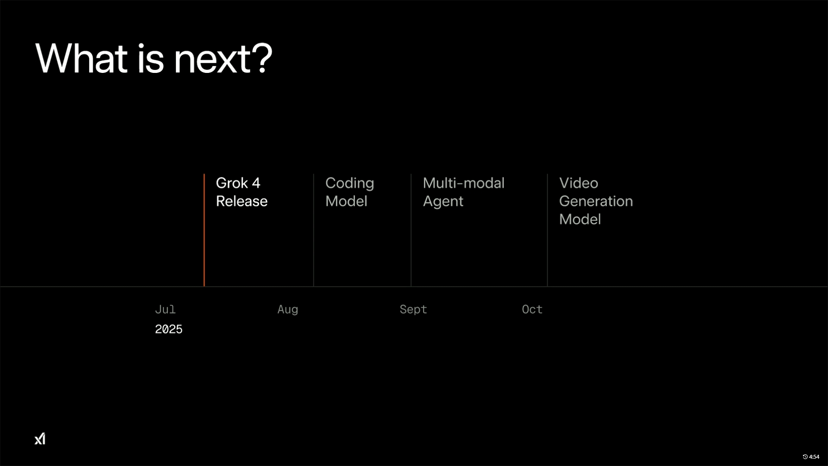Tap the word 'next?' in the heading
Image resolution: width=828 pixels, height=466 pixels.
[223, 59]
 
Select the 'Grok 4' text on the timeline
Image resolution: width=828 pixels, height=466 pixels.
[238, 183]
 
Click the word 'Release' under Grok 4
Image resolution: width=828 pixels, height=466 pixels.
[242, 201]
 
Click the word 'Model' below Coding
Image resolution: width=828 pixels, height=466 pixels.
[346, 201]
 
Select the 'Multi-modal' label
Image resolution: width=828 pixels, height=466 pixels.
[464, 183]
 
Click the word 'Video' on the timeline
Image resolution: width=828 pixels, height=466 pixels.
[579, 183]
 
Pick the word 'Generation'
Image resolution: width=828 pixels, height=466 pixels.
[596, 201]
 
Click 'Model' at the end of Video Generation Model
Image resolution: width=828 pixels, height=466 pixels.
[580, 219]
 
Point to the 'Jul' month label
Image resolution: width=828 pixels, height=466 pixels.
[165, 309]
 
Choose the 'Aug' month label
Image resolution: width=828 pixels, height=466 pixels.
[288, 310]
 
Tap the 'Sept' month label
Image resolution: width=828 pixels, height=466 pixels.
[413, 310]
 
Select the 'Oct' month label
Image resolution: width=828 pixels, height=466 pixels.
[532, 309]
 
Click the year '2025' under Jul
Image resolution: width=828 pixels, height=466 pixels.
[169, 329]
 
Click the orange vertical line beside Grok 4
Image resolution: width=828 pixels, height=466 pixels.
[204, 230]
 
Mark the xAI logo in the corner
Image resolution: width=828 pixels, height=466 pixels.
[40, 439]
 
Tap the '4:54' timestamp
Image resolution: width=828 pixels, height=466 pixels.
[811, 457]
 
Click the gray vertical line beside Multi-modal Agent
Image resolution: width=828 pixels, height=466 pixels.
[411, 230]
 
